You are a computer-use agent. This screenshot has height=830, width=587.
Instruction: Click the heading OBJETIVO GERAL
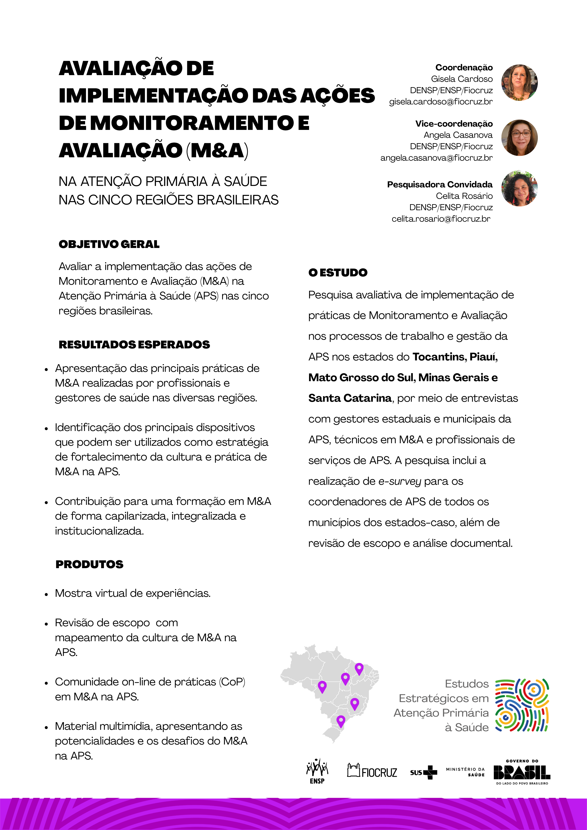coord(109,244)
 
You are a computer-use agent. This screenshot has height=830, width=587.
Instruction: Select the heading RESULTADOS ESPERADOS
coord(134,344)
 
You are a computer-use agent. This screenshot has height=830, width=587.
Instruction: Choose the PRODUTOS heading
coord(89,564)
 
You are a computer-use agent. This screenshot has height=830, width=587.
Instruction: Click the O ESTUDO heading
coord(338,273)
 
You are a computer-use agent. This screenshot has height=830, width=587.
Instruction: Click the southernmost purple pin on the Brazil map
coord(341,720)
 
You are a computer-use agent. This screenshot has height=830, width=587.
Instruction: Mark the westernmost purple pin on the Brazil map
coord(322,686)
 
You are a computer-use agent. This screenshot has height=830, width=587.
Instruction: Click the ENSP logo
coord(317,771)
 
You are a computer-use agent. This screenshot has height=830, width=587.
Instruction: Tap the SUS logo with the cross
coord(423,772)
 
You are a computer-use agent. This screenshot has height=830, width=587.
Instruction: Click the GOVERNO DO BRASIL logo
coord(522,772)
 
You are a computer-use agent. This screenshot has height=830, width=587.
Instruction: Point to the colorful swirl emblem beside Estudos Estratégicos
coord(522,705)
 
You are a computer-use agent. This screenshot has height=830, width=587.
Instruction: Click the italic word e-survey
coord(400,482)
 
